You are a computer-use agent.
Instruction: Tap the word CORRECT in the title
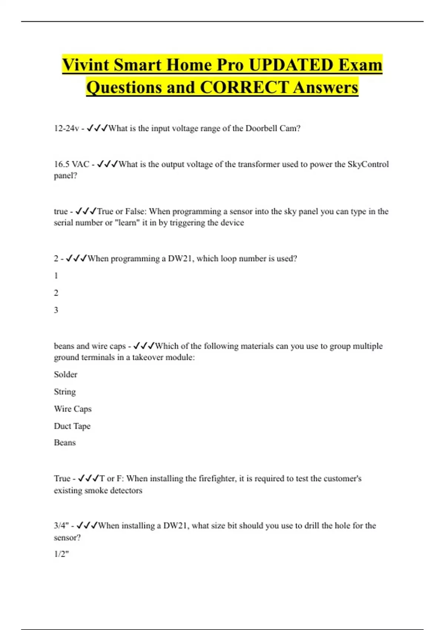pos(244,87)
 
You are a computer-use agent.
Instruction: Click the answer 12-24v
pos(66,129)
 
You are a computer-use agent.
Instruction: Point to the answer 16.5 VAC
pos(72,164)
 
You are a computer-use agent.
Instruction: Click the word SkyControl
pos(368,164)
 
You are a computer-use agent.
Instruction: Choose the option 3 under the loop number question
pos(56,310)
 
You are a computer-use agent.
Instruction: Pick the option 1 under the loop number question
pos(56,276)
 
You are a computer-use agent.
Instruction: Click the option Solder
pos(66,374)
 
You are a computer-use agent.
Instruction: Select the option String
pos(65,392)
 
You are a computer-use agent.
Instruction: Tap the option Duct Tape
pos(72,426)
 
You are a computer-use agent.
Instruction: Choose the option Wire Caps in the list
pos(73,409)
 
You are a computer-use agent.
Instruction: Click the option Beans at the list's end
pos(65,442)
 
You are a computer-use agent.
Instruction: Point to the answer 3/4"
pos(61,525)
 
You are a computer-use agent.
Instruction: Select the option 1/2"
pos(61,554)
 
